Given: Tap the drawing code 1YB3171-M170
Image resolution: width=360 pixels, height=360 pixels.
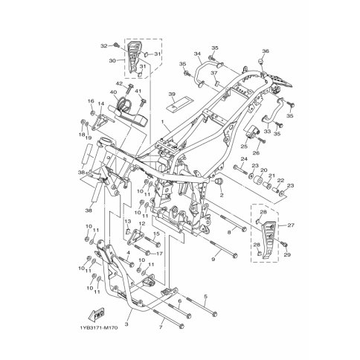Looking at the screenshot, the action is click(x=99, y=328).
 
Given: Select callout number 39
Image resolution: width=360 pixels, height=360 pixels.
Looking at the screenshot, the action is click(x=172, y=94).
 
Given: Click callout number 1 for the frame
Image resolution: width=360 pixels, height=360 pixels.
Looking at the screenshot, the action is click(x=163, y=122).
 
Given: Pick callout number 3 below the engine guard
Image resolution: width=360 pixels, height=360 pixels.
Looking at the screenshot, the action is click(x=126, y=324).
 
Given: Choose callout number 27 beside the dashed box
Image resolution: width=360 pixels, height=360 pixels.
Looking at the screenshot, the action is click(x=291, y=225).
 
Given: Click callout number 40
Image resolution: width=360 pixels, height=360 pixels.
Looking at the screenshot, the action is click(x=113, y=92).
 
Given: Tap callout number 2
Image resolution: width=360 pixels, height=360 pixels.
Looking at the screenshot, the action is click(x=222, y=195).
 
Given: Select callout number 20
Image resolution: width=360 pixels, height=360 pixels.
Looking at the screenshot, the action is click(x=264, y=170).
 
